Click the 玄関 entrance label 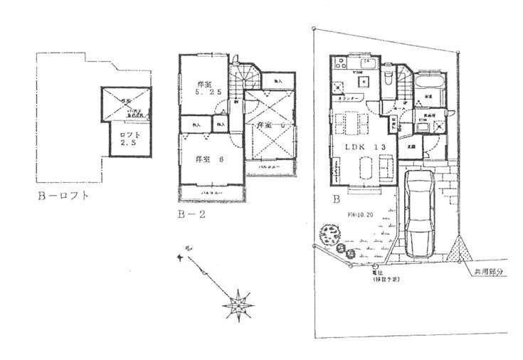411,145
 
